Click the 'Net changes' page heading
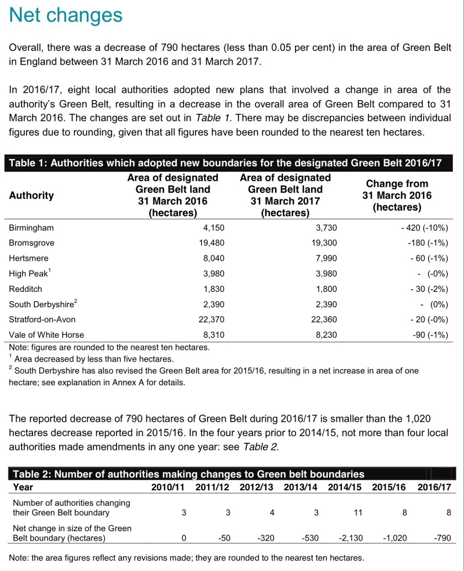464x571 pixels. [66, 15]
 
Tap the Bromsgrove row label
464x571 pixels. [31, 243]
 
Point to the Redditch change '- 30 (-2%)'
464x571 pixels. [429, 289]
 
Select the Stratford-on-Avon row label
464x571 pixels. [42, 319]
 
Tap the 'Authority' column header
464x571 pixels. [31, 195]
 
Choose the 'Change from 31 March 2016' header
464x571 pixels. [397, 195]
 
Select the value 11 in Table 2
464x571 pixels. [357, 512]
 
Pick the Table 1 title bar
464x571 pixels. [225, 163]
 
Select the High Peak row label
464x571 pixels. [28, 273]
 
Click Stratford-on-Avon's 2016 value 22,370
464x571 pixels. [211, 319]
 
